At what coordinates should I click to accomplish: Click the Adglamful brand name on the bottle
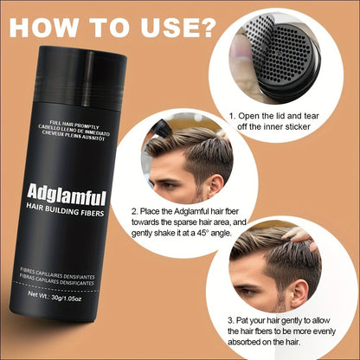(x=67, y=195)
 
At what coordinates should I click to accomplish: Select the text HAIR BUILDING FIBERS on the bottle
(x=65, y=209)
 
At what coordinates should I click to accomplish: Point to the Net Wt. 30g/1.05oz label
(x=55, y=296)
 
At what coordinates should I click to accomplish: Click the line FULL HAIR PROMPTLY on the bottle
(x=74, y=124)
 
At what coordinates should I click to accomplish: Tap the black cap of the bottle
(x=81, y=79)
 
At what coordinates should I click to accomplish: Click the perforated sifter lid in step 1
(x=289, y=61)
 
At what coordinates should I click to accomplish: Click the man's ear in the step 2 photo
(x=215, y=186)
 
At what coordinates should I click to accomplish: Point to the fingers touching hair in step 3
(x=300, y=238)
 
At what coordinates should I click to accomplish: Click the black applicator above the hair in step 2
(x=162, y=128)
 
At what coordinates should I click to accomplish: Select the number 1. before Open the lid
(x=232, y=116)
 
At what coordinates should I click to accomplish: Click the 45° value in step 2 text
(x=202, y=233)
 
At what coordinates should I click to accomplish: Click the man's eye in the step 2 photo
(x=167, y=185)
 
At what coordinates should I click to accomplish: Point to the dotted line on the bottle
(x=56, y=288)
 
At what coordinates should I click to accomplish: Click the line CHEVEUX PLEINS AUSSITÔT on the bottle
(x=74, y=136)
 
